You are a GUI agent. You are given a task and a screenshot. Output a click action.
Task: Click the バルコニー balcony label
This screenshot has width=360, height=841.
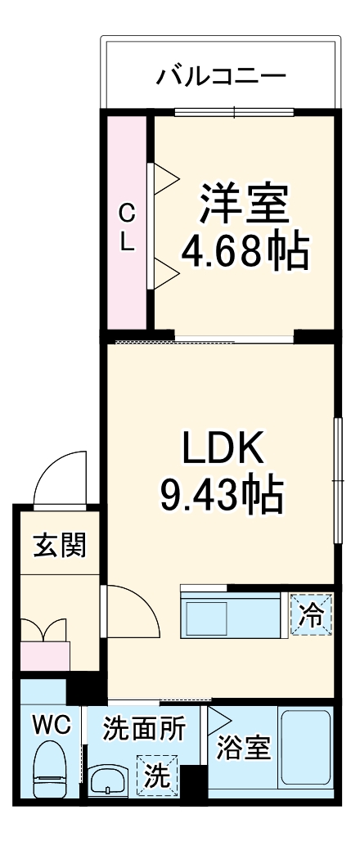221,77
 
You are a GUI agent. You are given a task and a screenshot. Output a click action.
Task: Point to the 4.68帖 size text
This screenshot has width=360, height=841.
245,251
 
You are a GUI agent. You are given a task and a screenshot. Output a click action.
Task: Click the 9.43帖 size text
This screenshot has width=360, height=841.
221,493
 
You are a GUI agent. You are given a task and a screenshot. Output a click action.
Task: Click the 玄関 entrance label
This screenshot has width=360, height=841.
60,545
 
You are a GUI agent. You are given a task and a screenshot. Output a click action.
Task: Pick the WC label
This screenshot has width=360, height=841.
52,724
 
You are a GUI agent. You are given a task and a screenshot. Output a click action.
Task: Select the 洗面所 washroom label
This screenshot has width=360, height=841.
143,727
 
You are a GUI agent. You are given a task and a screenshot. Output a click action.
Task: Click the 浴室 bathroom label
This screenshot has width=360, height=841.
243,749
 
